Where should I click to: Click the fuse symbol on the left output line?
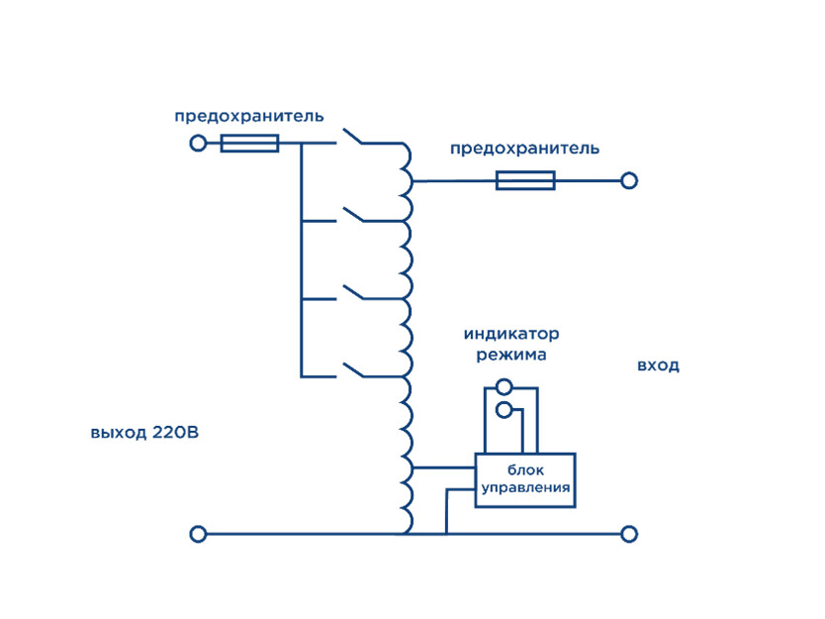[248, 144]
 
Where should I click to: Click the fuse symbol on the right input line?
[524, 180]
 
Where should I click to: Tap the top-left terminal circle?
[198, 144]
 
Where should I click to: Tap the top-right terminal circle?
[628, 180]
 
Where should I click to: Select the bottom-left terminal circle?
[198, 534]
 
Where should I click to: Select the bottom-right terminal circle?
[628, 534]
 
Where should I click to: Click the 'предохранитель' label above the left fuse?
[248, 116]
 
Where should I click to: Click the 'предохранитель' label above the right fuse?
[524, 149]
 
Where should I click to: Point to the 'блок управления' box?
[524, 480]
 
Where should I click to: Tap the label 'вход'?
[658, 365]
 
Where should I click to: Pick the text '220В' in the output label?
[176, 433]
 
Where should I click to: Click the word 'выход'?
[118, 433]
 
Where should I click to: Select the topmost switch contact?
[354, 137]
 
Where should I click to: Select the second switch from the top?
[354, 214]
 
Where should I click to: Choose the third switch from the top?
[354, 293]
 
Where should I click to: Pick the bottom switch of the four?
[354, 370]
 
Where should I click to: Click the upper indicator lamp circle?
[504, 387]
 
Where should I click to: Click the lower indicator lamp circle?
[504, 408]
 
